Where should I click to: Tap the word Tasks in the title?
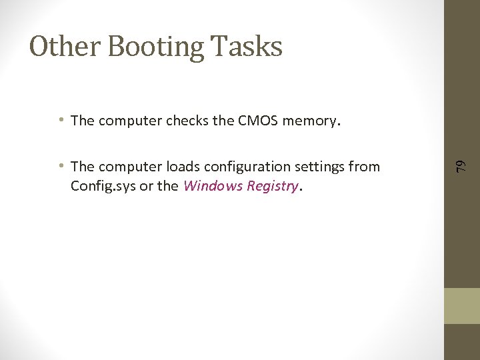(247, 47)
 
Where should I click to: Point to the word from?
(365, 167)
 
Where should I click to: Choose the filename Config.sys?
(101, 186)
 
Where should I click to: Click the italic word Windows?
(213, 185)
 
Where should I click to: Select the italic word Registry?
(272, 186)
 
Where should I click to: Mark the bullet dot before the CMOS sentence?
(61, 120)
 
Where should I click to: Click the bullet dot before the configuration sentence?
(61, 166)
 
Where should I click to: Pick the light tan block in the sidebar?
(462, 306)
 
